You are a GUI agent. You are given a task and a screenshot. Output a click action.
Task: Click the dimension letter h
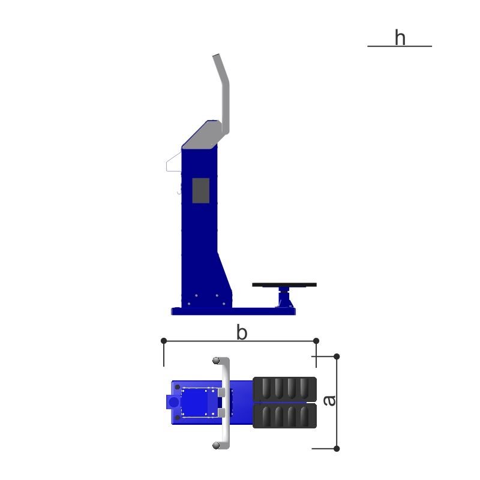[x=400, y=37]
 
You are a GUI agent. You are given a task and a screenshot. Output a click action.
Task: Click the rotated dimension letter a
[x=329, y=400]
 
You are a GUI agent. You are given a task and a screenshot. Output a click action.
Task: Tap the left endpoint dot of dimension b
[x=164, y=341]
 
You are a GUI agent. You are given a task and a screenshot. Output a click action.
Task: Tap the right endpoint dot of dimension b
[x=316, y=341]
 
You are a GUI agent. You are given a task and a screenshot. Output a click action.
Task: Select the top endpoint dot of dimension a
[x=337, y=356]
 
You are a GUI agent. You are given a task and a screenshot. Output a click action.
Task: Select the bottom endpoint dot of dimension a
[x=337, y=449]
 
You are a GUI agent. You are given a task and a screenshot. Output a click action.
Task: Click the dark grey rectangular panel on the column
[x=201, y=190]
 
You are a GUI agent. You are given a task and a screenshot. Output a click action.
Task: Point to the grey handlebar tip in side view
[x=216, y=55]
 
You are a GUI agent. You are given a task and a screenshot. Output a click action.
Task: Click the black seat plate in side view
[x=284, y=284]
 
